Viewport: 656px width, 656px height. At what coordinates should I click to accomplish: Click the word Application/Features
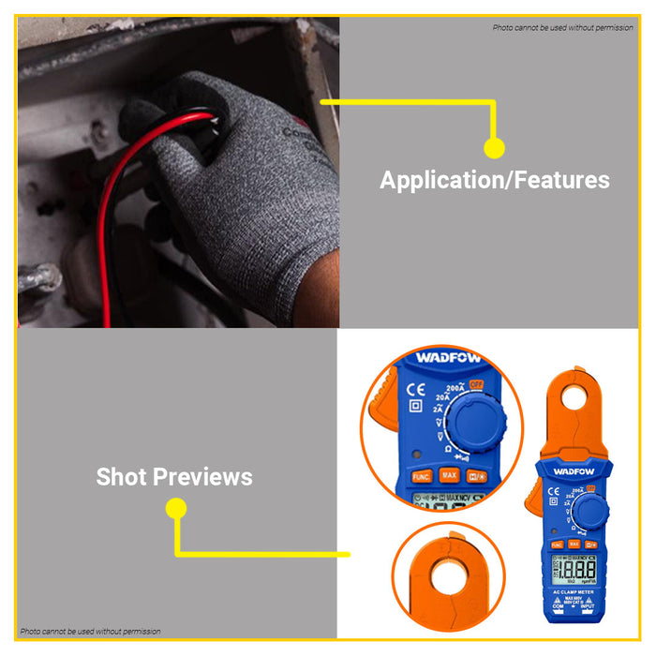[x=494, y=180]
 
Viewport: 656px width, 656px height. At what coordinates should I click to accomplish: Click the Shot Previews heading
[x=174, y=477]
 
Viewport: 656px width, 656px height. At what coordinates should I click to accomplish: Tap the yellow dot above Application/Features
[x=494, y=148]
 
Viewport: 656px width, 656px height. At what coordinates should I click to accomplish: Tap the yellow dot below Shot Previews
[x=175, y=509]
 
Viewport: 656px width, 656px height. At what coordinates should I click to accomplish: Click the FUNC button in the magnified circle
[x=422, y=476]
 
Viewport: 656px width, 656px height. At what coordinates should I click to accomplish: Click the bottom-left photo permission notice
[x=91, y=632]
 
